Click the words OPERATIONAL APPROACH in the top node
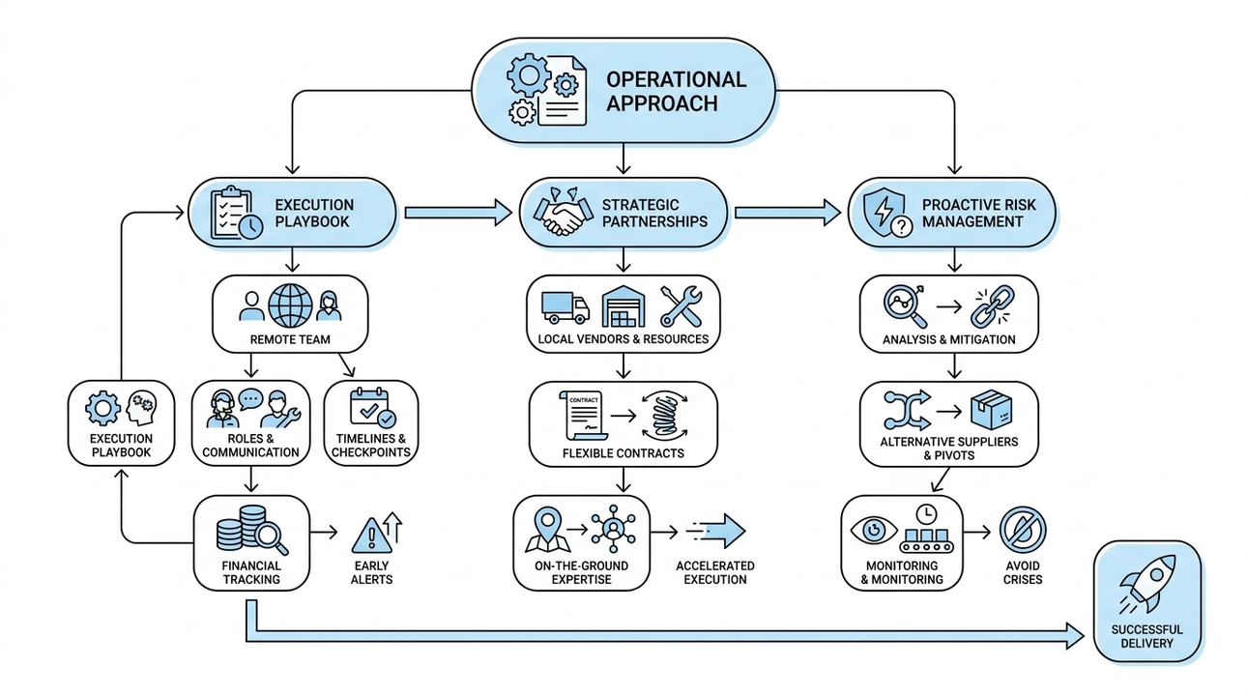(676, 91)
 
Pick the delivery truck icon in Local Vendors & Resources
(565, 306)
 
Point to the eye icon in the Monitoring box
(874, 531)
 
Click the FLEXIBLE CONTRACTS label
(623, 452)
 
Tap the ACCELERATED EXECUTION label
(715, 572)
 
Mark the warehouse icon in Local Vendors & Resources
(623, 306)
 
